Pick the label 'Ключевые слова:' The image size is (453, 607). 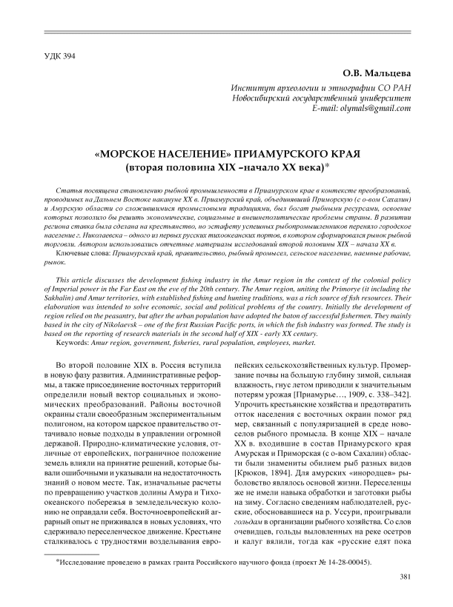(x=79, y=253)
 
